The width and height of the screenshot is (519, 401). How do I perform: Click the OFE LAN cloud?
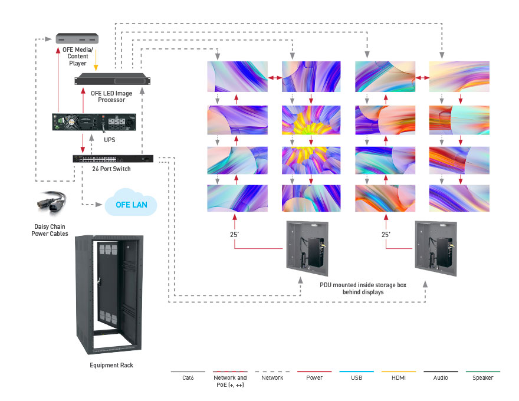click(x=130, y=205)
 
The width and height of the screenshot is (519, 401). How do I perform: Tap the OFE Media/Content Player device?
click(x=77, y=38)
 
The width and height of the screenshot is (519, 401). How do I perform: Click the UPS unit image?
click(x=94, y=122)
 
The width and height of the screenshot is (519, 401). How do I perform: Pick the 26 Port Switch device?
click(x=113, y=159)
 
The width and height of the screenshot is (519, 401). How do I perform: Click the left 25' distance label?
click(x=235, y=234)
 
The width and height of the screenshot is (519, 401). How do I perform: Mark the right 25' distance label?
click(x=386, y=234)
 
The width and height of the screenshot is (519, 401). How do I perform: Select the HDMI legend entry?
click(x=398, y=377)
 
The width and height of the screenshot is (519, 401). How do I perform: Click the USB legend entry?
click(x=356, y=377)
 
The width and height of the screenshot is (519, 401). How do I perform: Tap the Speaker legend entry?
click(x=482, y=377)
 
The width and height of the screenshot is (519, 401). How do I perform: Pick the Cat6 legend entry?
click(x=187, y=377)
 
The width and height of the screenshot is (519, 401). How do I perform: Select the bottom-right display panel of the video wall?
click(x=459, y=198)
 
